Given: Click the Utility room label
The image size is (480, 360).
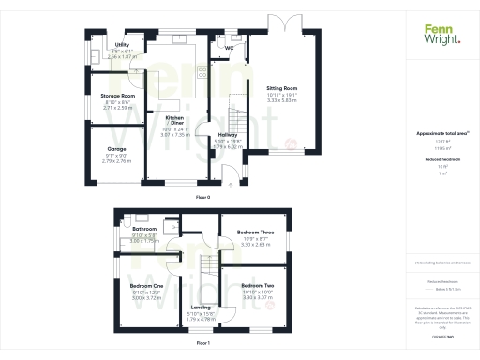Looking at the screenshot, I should (122, 44).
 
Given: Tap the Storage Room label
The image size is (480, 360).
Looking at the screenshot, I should (118, 95).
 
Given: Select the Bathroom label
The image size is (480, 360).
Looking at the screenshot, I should (143, 228).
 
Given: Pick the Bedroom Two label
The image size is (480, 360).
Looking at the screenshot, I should (257, 284).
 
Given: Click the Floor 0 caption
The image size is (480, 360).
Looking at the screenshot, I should (202, 199).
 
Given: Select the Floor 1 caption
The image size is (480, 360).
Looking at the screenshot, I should (202, 344).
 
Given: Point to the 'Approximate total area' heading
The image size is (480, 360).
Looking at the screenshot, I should (440, 136).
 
